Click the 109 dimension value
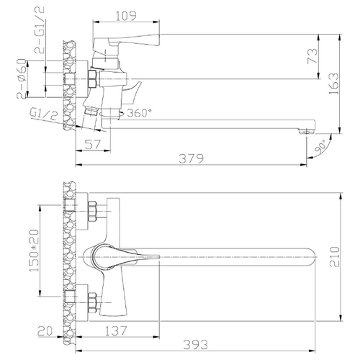coord(126,16)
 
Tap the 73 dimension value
coord(312,56)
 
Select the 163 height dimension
coord(334,84)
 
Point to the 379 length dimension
coord(192,158)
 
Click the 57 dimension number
coord(93,145)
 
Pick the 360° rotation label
coord(139,113)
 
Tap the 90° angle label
coord(320,146)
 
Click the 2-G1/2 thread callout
coord(40,30)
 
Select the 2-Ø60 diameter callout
coord(22,78)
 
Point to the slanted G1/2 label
coord(44,114)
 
